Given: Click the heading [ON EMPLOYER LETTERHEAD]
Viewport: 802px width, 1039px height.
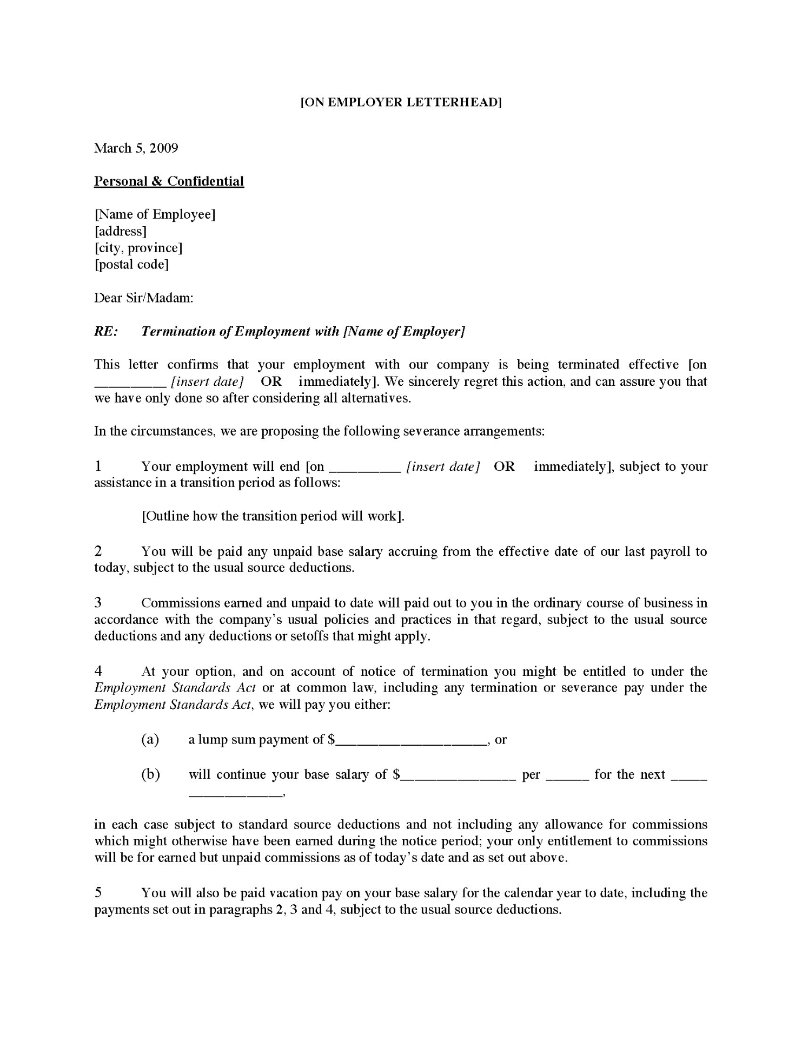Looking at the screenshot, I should click(x=401, y=102).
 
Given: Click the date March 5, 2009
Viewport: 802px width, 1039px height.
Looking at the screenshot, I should click(x=136, y=148).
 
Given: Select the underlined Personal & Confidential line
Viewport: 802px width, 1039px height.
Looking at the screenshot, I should click(x=169, y=181).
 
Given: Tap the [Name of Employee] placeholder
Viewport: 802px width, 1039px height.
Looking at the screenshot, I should click(x=155, y=215).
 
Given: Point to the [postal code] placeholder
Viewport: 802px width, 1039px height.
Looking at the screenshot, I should click(x=131, y=265).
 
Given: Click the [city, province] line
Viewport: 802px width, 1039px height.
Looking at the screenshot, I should click(x=138, y=248).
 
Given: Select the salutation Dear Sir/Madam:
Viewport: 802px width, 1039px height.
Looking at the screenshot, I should click(x=143, y=298).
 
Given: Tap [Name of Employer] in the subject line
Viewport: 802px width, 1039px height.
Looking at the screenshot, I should click(x=404, y=332).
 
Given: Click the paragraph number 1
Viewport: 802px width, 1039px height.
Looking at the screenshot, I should click(x=98, y=466).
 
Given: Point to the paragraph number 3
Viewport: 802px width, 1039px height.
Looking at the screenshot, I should click(x=98, y=603).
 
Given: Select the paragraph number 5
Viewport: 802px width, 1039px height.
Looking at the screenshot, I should click(x=98, y=893).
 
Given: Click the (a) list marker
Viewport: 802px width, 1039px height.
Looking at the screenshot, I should click(x=150, y=740).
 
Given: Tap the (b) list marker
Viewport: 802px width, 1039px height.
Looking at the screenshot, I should click(x=150, y=774).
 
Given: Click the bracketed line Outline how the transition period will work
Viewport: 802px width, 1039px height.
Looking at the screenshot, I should click(x=273, y=516).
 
